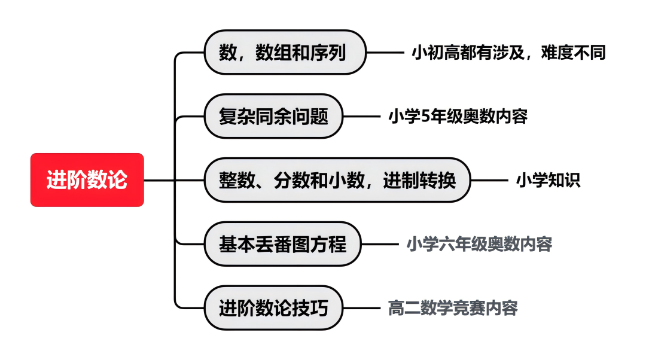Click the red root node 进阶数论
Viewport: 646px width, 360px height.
(87, 180)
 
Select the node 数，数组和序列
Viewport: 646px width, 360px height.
(285, 52)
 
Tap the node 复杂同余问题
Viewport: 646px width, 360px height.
(273, 116)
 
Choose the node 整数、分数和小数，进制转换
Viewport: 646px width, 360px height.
(337, 180)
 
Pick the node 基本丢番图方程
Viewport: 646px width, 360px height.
(282, 244)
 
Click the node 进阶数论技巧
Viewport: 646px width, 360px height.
(273, 308)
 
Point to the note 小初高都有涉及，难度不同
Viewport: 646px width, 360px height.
(509, 52)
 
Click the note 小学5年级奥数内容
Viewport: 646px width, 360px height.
(458, 116)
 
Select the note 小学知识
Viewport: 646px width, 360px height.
(549, 180)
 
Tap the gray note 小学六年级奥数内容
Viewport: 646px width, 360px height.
(480, 244)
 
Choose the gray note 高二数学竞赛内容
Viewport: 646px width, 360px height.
(453, 308)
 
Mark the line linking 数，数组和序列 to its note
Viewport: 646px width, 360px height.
(385, 52)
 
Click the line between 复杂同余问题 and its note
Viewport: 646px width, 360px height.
(362, 116)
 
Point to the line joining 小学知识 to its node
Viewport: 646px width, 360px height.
(489, 180)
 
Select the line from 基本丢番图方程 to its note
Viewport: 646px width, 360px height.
(380, 244)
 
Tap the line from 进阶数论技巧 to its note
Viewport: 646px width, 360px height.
(362, 308)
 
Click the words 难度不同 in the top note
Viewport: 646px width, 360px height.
(574, 52)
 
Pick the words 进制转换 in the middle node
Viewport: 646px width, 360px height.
(419, 180)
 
